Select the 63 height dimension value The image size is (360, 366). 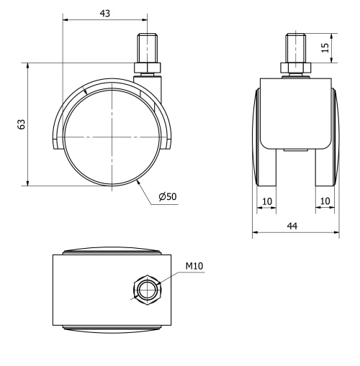click(x=22, y=124)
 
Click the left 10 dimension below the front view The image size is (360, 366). click(x=266, y=202)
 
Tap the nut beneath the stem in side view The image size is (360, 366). click(x=148, y=69)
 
